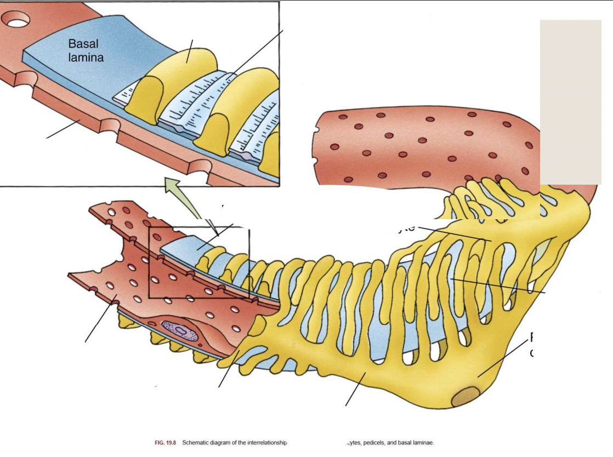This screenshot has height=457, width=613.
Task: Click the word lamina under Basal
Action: pos(86,56)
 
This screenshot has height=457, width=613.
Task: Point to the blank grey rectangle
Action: pos(570,102)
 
